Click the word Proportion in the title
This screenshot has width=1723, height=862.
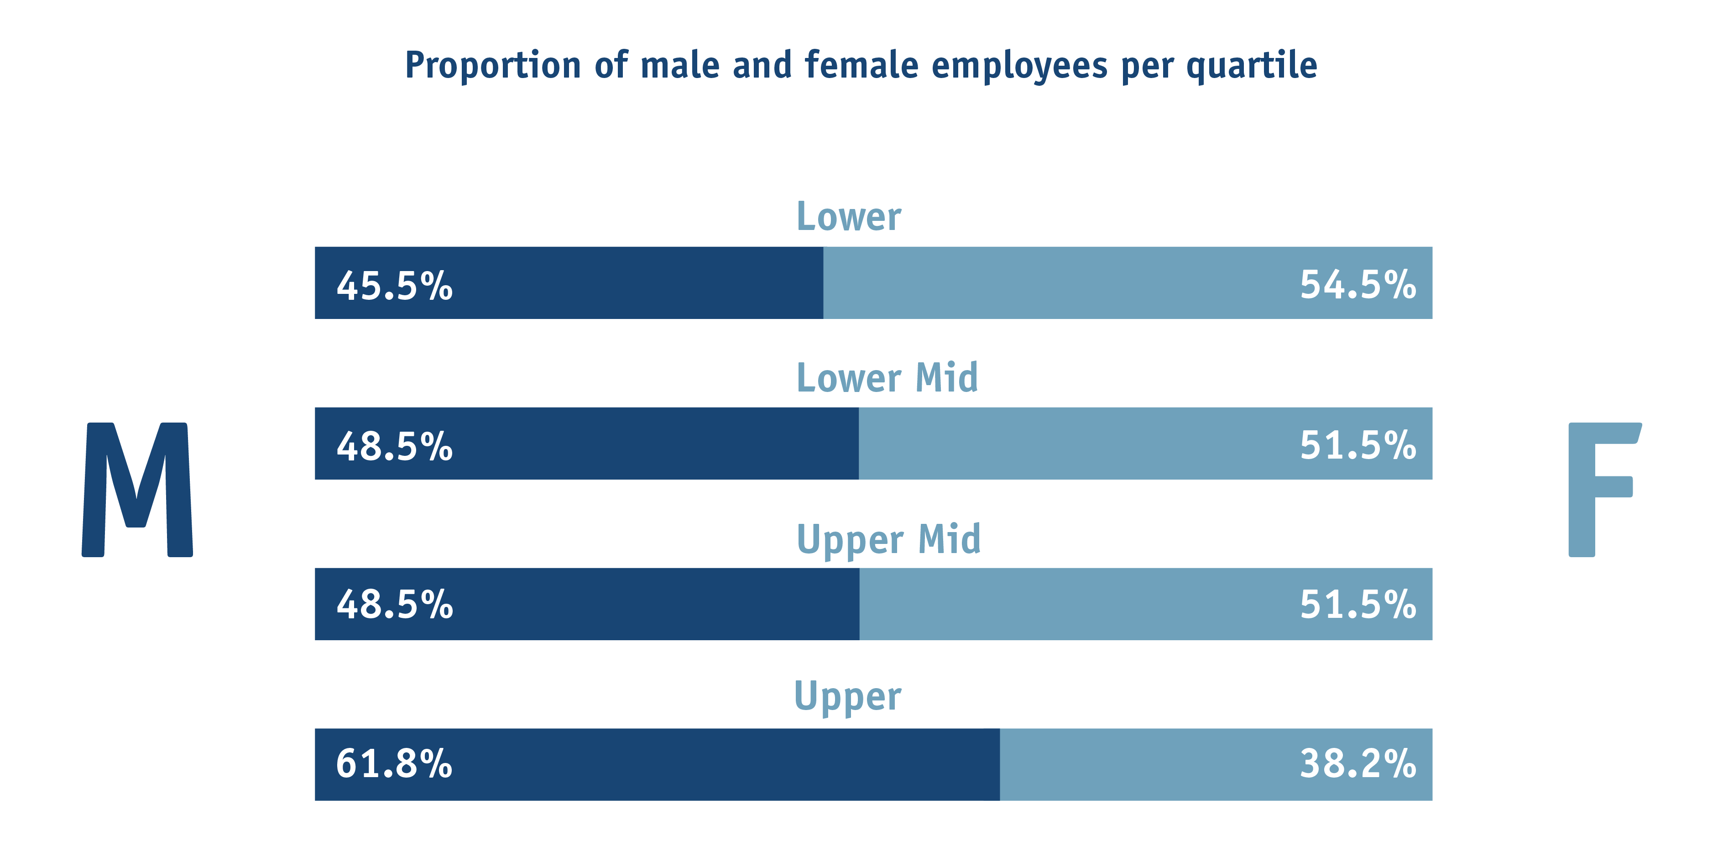tap(493, 66)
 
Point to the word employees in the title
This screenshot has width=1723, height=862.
tap(1019, 66)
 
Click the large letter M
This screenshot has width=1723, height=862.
tap(137, 490)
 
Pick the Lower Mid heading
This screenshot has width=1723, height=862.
tap(887, 377)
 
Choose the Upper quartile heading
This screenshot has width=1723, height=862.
tap(847, 697)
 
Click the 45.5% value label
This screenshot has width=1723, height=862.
tap(395, 286)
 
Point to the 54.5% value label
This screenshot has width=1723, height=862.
tap(1358, 284)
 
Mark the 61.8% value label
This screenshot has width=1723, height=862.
tap(394, 764)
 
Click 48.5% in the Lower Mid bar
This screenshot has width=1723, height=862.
tap(395, 446)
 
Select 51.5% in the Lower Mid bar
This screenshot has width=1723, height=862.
tap(1358, 445)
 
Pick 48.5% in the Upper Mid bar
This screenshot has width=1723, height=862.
tap(395, 605)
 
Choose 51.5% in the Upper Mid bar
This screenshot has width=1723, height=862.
tap(1358, 605)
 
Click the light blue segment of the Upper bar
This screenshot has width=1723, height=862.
tap(1216, 764)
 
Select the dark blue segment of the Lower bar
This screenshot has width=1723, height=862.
tap(569, 283)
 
